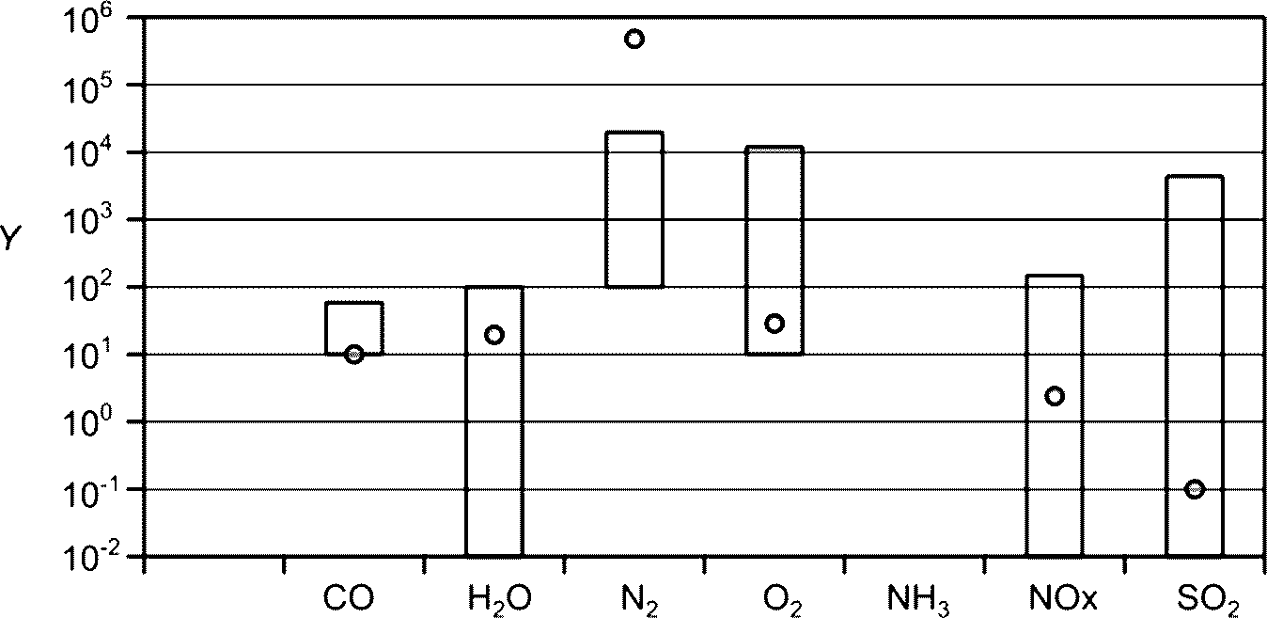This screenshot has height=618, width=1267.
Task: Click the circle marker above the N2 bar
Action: (634, 39)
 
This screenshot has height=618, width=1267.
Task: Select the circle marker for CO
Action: (354, 355)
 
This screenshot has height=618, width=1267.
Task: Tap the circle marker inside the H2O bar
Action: (494, 334)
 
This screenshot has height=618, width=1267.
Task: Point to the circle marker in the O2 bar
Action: (774, 324)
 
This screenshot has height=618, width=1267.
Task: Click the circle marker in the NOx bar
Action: (1055, 396)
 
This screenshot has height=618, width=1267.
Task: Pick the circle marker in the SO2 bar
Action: (1195, 489)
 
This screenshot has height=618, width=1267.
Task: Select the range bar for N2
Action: (634, 209)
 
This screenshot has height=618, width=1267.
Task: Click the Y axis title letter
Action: (10, 241)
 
